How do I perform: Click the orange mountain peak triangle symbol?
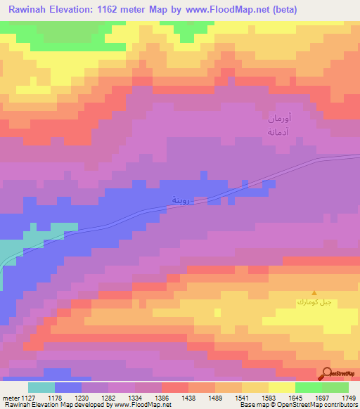tap(314, 293)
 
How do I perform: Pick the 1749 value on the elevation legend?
tap(348, 398)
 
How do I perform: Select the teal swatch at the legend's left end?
tap(41, 387)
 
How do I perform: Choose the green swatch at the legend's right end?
tap(335, 387)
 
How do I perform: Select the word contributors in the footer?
tap(340, 405)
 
